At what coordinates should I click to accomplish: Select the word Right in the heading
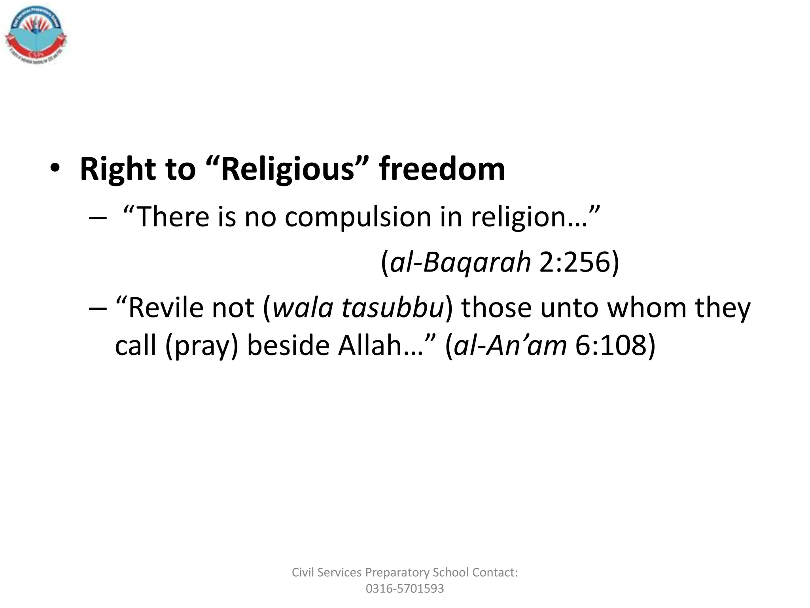117,169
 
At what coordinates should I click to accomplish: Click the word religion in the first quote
519,217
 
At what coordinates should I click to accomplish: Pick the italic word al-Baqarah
460,262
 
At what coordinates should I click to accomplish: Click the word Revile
166,308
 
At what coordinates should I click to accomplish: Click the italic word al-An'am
510,345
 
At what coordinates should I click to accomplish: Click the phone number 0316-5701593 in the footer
405,589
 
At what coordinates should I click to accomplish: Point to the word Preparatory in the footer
397,572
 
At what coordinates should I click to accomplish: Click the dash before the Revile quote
97,308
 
